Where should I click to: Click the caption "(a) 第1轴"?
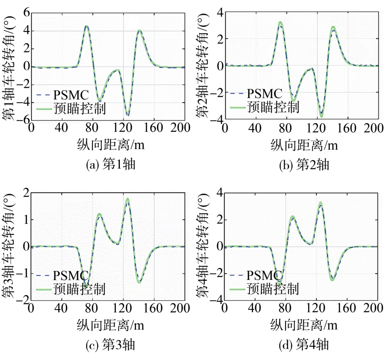click(111, 165)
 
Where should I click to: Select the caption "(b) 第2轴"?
click(304, 165)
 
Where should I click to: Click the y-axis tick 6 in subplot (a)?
click(26, 12)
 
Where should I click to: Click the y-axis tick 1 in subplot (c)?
click(26, 220)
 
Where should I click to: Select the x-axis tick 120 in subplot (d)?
click(317, 309)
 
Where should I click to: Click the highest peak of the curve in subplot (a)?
click(86, 26)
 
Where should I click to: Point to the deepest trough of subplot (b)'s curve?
click(321, 116)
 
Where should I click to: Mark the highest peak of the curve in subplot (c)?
click(128, 199)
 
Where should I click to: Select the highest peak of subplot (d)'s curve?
click(320, 203)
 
